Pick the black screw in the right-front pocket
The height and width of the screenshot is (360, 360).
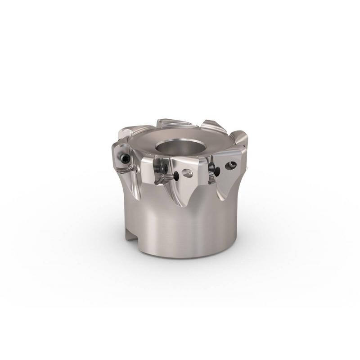click(216, 170)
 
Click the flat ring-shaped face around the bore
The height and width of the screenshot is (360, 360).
click(198, 144)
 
